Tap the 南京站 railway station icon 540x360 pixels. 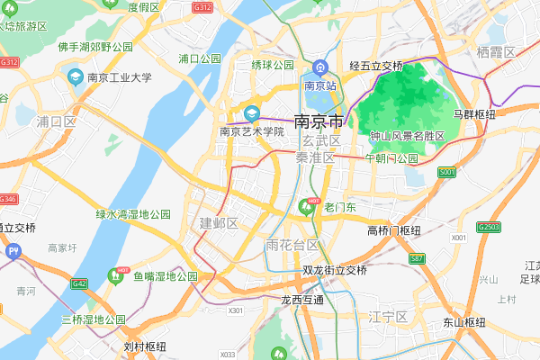tap(320, 69)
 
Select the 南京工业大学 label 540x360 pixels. tap(119, 77)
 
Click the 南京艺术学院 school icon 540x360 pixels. tap(252, 113)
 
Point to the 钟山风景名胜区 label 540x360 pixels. tap(408, 136)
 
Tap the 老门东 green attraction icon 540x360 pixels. tap(307, 208)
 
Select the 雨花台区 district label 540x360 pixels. tap(292, 246)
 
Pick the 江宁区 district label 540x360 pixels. tap(388, 317)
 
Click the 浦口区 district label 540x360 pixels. tap(56, 121)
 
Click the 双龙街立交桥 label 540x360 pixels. tap(335, 270)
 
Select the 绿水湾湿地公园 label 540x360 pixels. tap(133, 214)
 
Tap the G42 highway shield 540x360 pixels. tap(80, 283)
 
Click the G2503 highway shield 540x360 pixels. tap(490, 227)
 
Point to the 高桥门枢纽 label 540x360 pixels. tap(394, 230)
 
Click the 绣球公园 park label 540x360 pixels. tap(273, 65)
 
